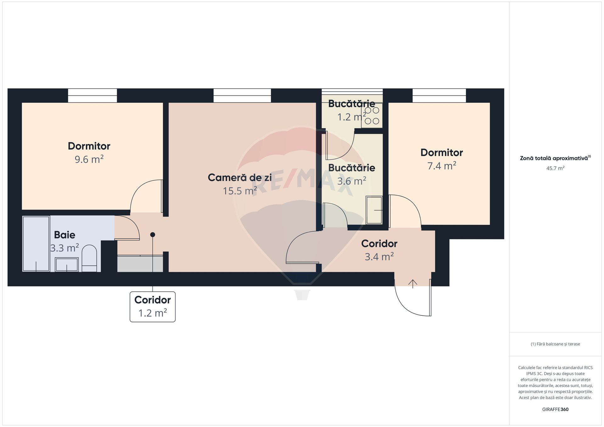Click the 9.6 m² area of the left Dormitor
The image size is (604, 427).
tap(89, 159)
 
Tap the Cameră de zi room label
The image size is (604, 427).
tap(240, 178)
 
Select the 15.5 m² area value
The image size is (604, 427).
tap(240, 191)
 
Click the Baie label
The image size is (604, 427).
tap(64, 235)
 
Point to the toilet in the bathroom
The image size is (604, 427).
tap(89, 258)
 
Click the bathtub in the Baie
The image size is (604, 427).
tap(36, 244)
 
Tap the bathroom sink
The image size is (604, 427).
tap(67, 264)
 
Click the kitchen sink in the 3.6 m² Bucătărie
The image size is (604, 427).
tap(374, 210)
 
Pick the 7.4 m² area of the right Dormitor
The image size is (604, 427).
tap(442, 166)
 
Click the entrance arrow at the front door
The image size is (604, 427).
tap(413, 284)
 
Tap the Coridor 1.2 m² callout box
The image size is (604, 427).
tap(153, 307)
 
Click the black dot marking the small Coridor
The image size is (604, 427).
tap(153, 235)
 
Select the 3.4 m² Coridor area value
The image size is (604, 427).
tap(379, 257)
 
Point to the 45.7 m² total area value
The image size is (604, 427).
tap(555, 168)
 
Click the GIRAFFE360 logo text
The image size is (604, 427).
tap(555, 409)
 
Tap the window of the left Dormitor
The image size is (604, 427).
tap(92, 96)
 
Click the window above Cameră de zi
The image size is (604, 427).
tap(242, 96)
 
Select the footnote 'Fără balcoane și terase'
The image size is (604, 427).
tap(555, 344)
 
